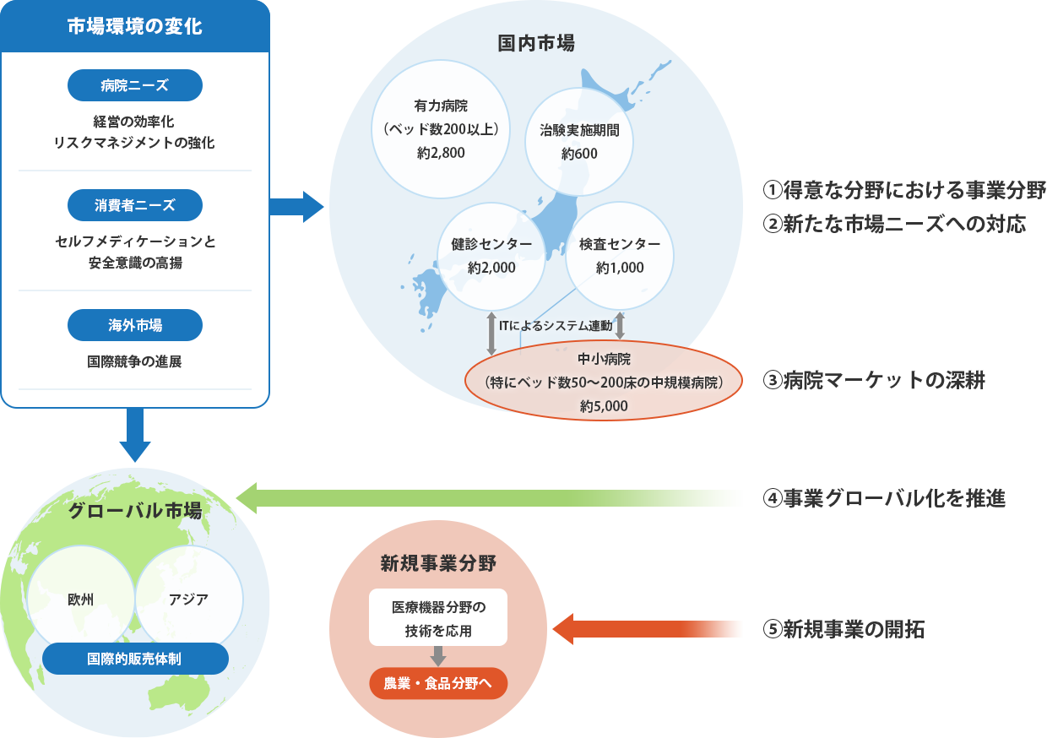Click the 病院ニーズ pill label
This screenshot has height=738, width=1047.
coord(134,85)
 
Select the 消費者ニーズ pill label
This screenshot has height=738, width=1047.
coord(134,205)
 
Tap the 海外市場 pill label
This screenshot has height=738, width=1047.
coord(134,325)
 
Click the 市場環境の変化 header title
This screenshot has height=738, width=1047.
coord(135,26)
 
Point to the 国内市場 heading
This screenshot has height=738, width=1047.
coord(536,43)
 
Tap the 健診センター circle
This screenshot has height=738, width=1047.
coord(491,256)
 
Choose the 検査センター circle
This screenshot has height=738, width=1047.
coord(620,256)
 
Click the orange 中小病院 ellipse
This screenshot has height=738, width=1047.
coord(603,381)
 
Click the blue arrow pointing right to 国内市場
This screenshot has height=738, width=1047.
coord(296,205)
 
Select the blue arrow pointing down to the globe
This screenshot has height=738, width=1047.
coord(135,435)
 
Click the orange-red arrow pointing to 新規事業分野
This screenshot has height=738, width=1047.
coord(647,629)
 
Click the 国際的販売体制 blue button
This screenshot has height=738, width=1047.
coord(135,659)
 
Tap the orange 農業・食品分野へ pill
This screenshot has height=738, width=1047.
coord(438,683)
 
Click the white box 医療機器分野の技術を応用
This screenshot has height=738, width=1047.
coord(438,618)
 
